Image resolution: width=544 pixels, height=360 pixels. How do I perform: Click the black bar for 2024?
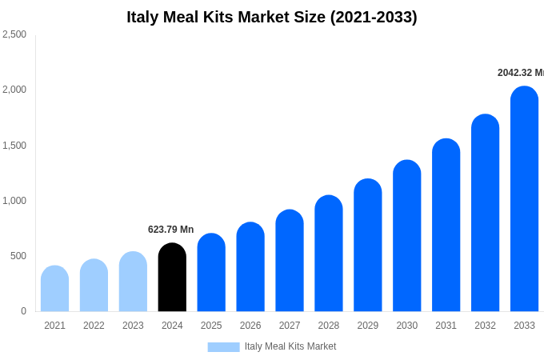pos(172,278)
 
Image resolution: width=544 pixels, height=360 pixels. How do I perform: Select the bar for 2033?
pos(524,199)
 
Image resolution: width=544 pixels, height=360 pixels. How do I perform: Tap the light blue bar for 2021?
pos(54,289)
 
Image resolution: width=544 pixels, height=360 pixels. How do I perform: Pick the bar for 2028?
pos(329,254)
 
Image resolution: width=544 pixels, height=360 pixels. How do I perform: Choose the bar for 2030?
pos(407,236)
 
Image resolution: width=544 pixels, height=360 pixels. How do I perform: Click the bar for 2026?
pos(250,267)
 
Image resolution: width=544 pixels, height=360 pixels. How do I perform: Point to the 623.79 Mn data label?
pos(170,230)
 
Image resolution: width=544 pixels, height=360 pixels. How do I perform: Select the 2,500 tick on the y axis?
pos(14,34)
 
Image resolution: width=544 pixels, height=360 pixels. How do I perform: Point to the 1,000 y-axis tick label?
pos(14,201)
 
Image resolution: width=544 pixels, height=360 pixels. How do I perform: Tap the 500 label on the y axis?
pos(18,256)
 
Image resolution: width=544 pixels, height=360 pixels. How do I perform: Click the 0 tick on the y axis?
pos(23,311)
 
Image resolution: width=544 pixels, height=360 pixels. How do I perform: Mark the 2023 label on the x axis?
pos(133,326)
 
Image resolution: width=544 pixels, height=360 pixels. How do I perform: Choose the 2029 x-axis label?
pos(368,326)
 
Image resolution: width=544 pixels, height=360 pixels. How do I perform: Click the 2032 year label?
pos(485,326)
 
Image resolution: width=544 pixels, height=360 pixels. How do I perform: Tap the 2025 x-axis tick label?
pos(211,326)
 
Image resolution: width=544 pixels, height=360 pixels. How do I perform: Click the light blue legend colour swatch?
pos(223,347)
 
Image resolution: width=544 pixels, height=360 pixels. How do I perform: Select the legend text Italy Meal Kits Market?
pos(290,346)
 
